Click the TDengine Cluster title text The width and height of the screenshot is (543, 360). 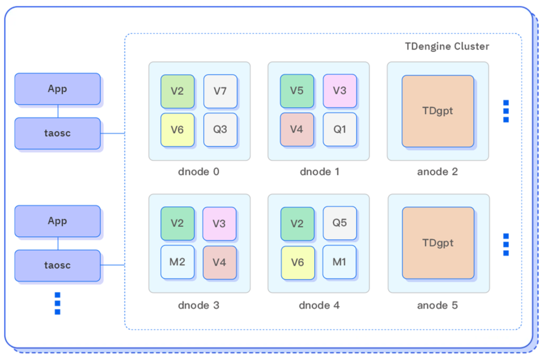pos(447,46)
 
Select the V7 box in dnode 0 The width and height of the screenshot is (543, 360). pos(220,92)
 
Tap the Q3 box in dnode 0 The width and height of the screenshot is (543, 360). pos(220,129)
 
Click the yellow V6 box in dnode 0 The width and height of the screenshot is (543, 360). pos(178,129)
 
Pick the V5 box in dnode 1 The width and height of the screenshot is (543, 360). pos(297,92)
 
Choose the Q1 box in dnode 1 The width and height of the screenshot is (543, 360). pos(340,129)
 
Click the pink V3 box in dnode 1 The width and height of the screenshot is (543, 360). pos(340,92)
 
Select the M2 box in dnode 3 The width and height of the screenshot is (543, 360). pos(178,262)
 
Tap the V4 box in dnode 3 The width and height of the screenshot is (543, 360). pos(220,262)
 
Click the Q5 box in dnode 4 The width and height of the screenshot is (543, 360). pos(340,224)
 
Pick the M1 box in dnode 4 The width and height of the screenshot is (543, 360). pos(340,262)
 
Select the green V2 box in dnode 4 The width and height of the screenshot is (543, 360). pos(297,224)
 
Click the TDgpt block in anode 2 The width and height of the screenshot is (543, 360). pos(438,111)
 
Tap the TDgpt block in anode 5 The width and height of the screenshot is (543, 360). pos(438,243)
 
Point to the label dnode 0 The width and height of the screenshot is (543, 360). pos(199,172)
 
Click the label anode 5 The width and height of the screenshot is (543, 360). pos(437,305)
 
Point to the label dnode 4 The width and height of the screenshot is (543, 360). pos(319,305)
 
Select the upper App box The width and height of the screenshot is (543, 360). pos(57,89)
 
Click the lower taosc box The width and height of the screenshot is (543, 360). pos(57,265)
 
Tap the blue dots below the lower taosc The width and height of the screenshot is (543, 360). pos(57,303)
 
